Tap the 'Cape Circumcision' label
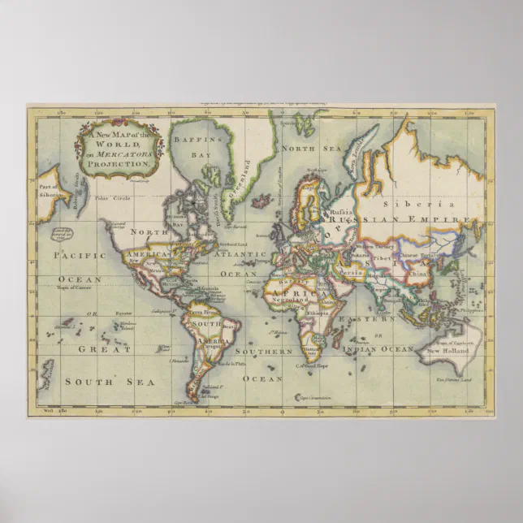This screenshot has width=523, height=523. click(x=312, y=397)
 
